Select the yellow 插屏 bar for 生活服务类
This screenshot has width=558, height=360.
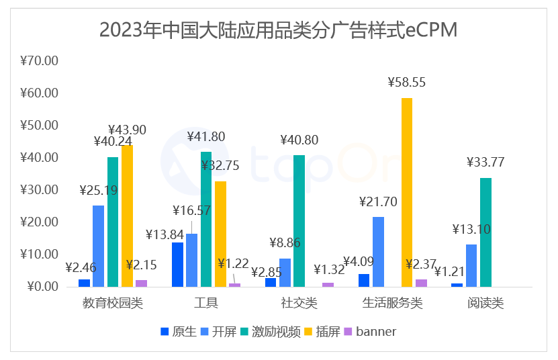coord(407,192)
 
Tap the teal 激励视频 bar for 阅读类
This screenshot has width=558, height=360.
coord(485,232)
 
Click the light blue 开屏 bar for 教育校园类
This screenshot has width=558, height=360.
coord(99,246)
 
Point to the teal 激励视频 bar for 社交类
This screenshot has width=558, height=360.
coord(299,221)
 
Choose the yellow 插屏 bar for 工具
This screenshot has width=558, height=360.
coord(220,234)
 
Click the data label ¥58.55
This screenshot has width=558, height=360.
coord(407,83)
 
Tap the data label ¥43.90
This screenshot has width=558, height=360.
coord(128,130)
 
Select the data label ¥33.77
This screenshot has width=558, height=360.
coord(485,162)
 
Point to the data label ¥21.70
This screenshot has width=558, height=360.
coord(379,201)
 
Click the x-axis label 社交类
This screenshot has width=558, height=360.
coord(299,303)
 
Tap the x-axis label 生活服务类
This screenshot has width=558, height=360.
coord(393,303)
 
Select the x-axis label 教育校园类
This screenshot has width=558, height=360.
coord(113,303)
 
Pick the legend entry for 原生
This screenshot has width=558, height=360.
coord(179,331)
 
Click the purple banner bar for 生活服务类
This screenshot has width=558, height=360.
coord(421,283)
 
